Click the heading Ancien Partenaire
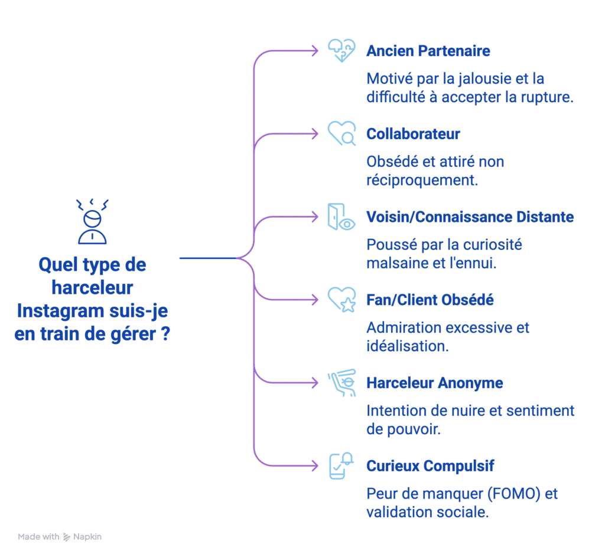(428, 51)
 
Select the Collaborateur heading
(413, 134)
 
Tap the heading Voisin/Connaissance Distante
(470, 217)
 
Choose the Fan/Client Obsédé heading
(430, 300)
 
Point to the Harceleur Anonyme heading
(434, 383)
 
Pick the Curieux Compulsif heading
(430, 466)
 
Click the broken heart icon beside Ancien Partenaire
(341, 51)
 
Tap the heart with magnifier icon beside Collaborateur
(341, 133)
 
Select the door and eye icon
(341, 217)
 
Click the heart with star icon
(341, 300)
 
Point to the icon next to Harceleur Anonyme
(341, 383)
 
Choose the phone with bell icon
(341, 466)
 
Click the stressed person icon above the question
(92, 222)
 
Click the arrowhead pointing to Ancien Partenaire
(315, 51)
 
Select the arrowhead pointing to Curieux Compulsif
(315, 466)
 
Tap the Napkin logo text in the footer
(87, 537)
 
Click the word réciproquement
(422, 180)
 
